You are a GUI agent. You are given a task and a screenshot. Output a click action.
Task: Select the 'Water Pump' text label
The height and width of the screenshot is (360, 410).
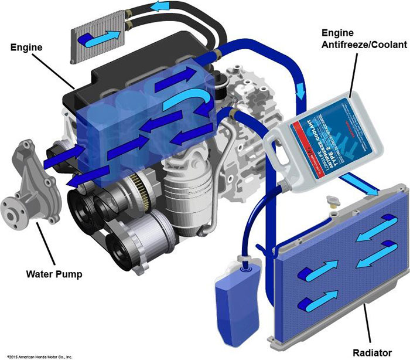click(x=54, y=274)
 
